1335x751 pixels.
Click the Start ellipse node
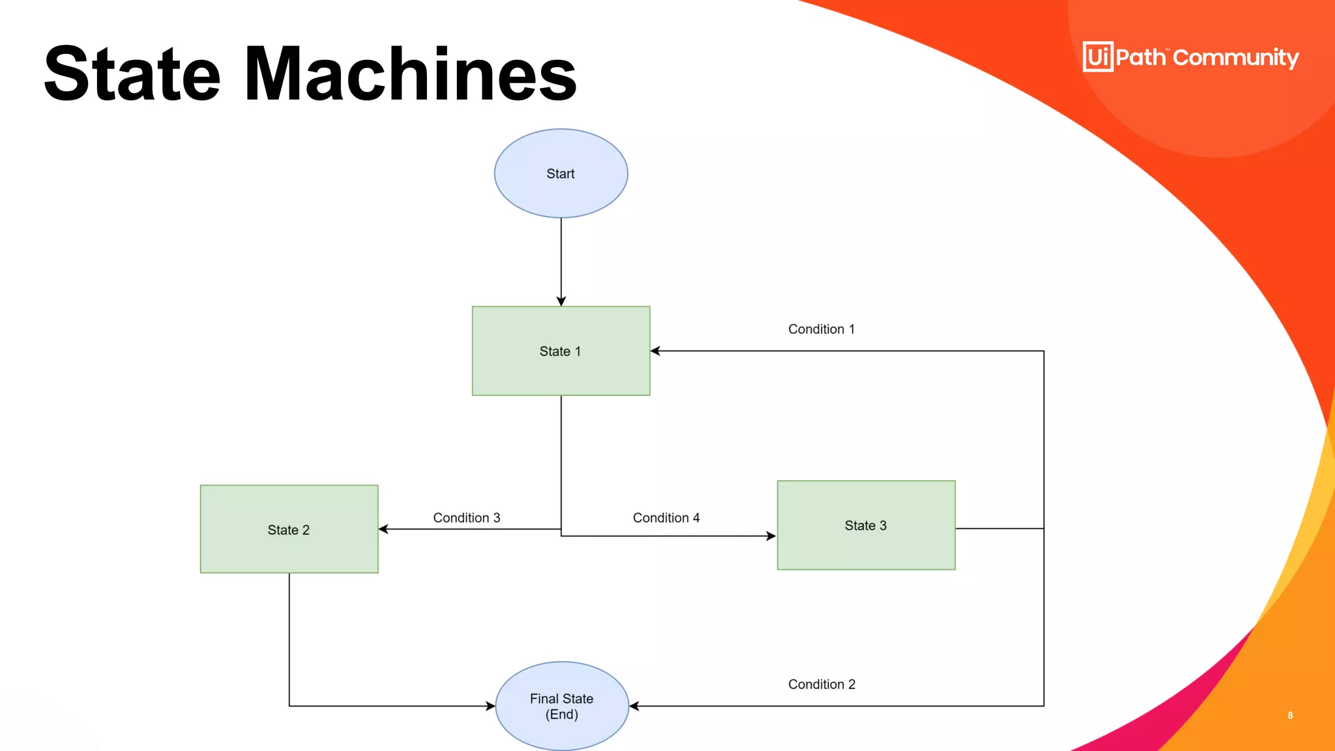click(561, 173)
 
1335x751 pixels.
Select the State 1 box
click(561, 351)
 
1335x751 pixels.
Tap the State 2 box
click(289, 529)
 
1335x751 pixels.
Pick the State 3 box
click(866, 525)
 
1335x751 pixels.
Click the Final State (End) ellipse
click(562, 706)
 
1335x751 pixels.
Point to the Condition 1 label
click(821, 329)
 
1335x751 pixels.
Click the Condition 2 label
click(821, 685)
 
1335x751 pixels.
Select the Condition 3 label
click(467, 518)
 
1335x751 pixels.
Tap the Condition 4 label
click(666, 518)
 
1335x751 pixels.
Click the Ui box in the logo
click(1098, 57)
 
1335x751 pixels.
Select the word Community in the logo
click(1236, 58)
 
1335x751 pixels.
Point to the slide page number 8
click(1290, 715)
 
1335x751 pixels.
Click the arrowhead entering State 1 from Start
click(561, 301)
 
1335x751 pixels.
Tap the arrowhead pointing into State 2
click(384, 529)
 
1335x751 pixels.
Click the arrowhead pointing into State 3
click(770, 536)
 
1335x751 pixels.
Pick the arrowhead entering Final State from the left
click(490, 706)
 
